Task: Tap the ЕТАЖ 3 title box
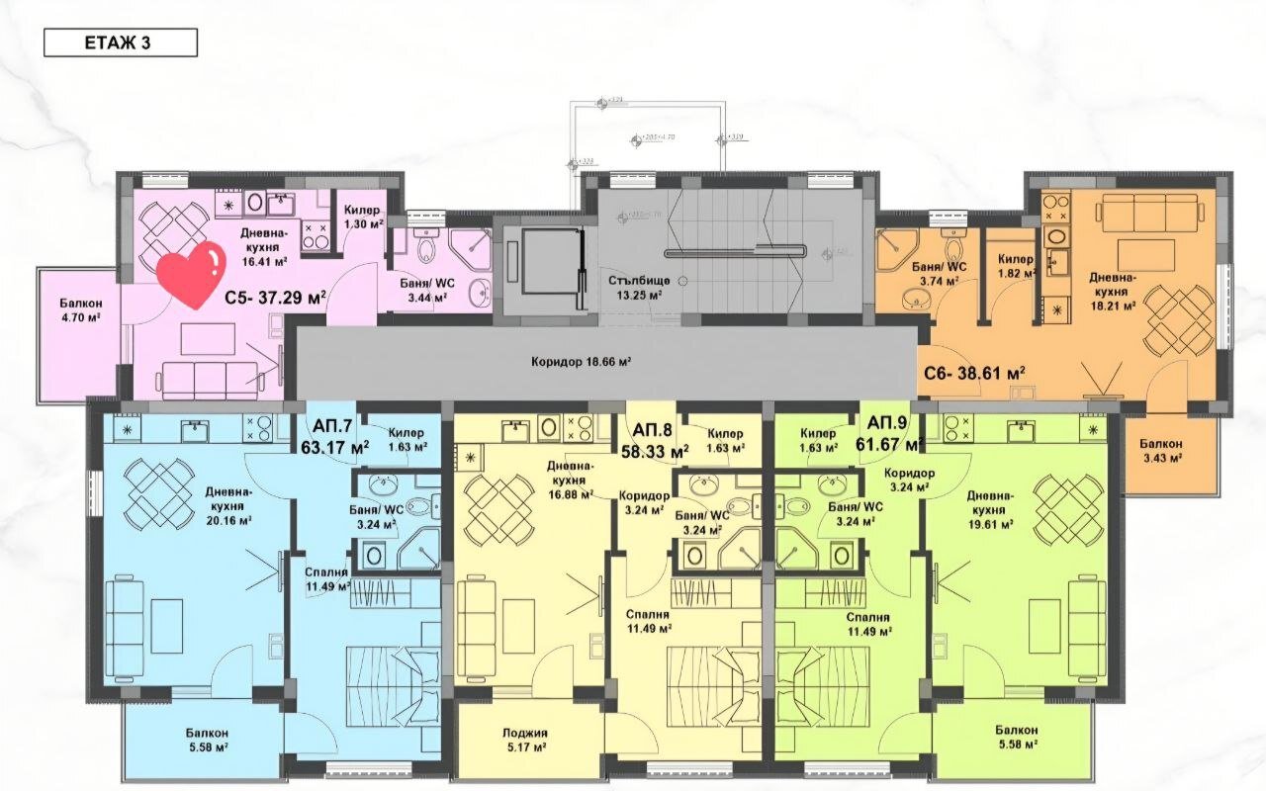click(x=121, y=43)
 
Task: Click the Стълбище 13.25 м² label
click(x=640, y=287)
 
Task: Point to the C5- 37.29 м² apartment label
click(x=274, y=295)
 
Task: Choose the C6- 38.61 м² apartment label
click(x=974, y=373)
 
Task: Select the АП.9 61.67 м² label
click(x=891, y=434)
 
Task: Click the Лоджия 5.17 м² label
click(x=524, y=741)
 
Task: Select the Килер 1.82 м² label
click(x=1015, y=266)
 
